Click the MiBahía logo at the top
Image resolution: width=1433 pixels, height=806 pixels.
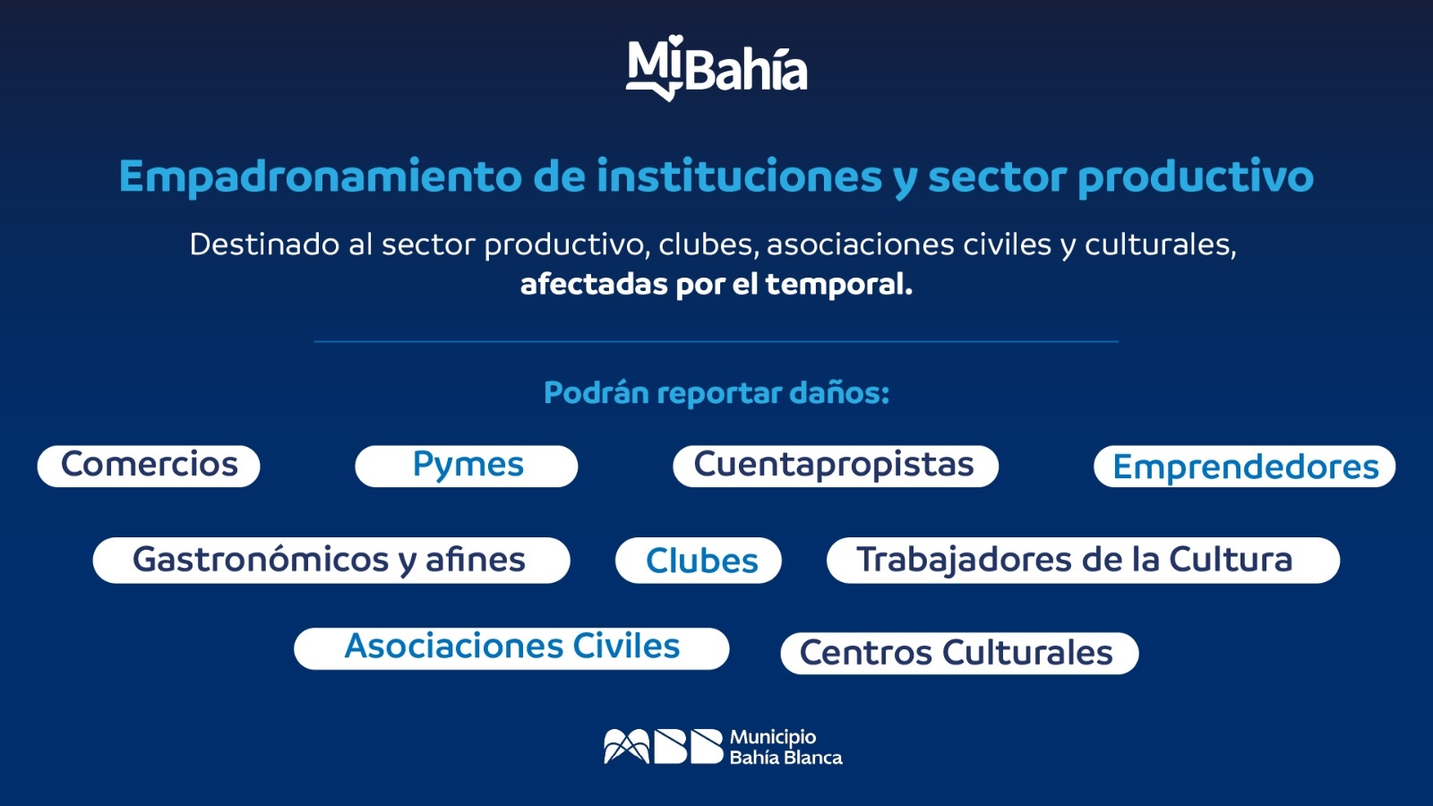click(x=716, y=68)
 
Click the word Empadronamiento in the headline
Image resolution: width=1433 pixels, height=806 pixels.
click(x=321, y=177)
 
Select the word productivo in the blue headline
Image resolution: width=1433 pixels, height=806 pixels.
click(x=1196, y=177)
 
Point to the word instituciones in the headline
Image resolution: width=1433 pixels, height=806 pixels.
click(x=740, y=176)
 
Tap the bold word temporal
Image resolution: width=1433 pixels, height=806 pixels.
click(x=838, y=285)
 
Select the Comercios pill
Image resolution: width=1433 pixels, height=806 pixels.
click(x=149, y=466)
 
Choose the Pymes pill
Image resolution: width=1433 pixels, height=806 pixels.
click(x=467, y=466)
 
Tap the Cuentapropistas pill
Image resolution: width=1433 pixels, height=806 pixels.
click(x=836, y=466)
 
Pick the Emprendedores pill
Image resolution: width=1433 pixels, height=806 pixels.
click(x=1244, y=467)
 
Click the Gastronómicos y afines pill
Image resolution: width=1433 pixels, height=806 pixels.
click(x=331, y=560)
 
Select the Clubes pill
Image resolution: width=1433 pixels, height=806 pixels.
click(x=699, y=561)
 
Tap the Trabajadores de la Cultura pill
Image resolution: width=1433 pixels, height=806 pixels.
click(x=1083, y=560)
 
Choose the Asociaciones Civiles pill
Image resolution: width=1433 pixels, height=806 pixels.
click(x=511, y=648)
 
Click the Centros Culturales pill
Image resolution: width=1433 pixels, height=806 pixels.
click(x=959, y=653)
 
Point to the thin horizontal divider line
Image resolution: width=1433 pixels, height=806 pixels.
click(x=716, y=341)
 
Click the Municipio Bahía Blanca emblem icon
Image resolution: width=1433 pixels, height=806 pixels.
click(x=664, y=746)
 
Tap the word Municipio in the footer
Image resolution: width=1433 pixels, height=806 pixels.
click(x=773, y=738)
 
